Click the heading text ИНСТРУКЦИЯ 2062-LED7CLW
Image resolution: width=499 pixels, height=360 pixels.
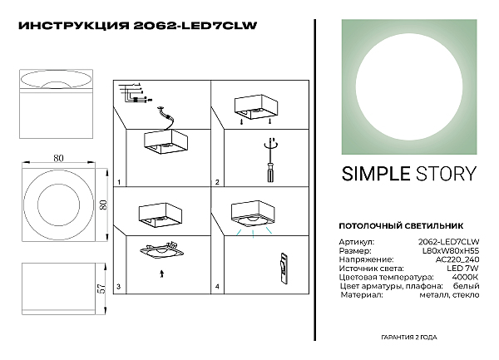pyautogui.click(x=137, y=26)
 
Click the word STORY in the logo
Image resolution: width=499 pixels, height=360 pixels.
pyautogui.click(x=447, y=174)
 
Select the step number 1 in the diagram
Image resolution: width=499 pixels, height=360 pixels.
pyautogui.click(x=119, y=181)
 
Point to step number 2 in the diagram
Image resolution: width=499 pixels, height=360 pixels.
pyautogui.click(x=217, y=181)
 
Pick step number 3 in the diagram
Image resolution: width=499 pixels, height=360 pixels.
pyautogui.click(x=119, y=287)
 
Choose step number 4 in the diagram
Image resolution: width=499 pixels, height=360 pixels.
pyautogui.click(x=217, y=287)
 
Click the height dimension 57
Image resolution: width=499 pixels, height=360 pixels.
pyautogui.click(x=100, y=286)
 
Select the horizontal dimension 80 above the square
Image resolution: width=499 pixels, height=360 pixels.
pyautogui.click(x=59, y=156)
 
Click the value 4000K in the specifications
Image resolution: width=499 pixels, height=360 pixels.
pyautogui.click(x=464, y=278)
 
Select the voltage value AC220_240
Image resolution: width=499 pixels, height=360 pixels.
pyautogui.click(x=457, y=259)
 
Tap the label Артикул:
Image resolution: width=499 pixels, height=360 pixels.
pyautogui.click(x=357, y=241)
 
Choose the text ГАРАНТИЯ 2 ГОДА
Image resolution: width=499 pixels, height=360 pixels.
pyautogui.click(x=410, y=339)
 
